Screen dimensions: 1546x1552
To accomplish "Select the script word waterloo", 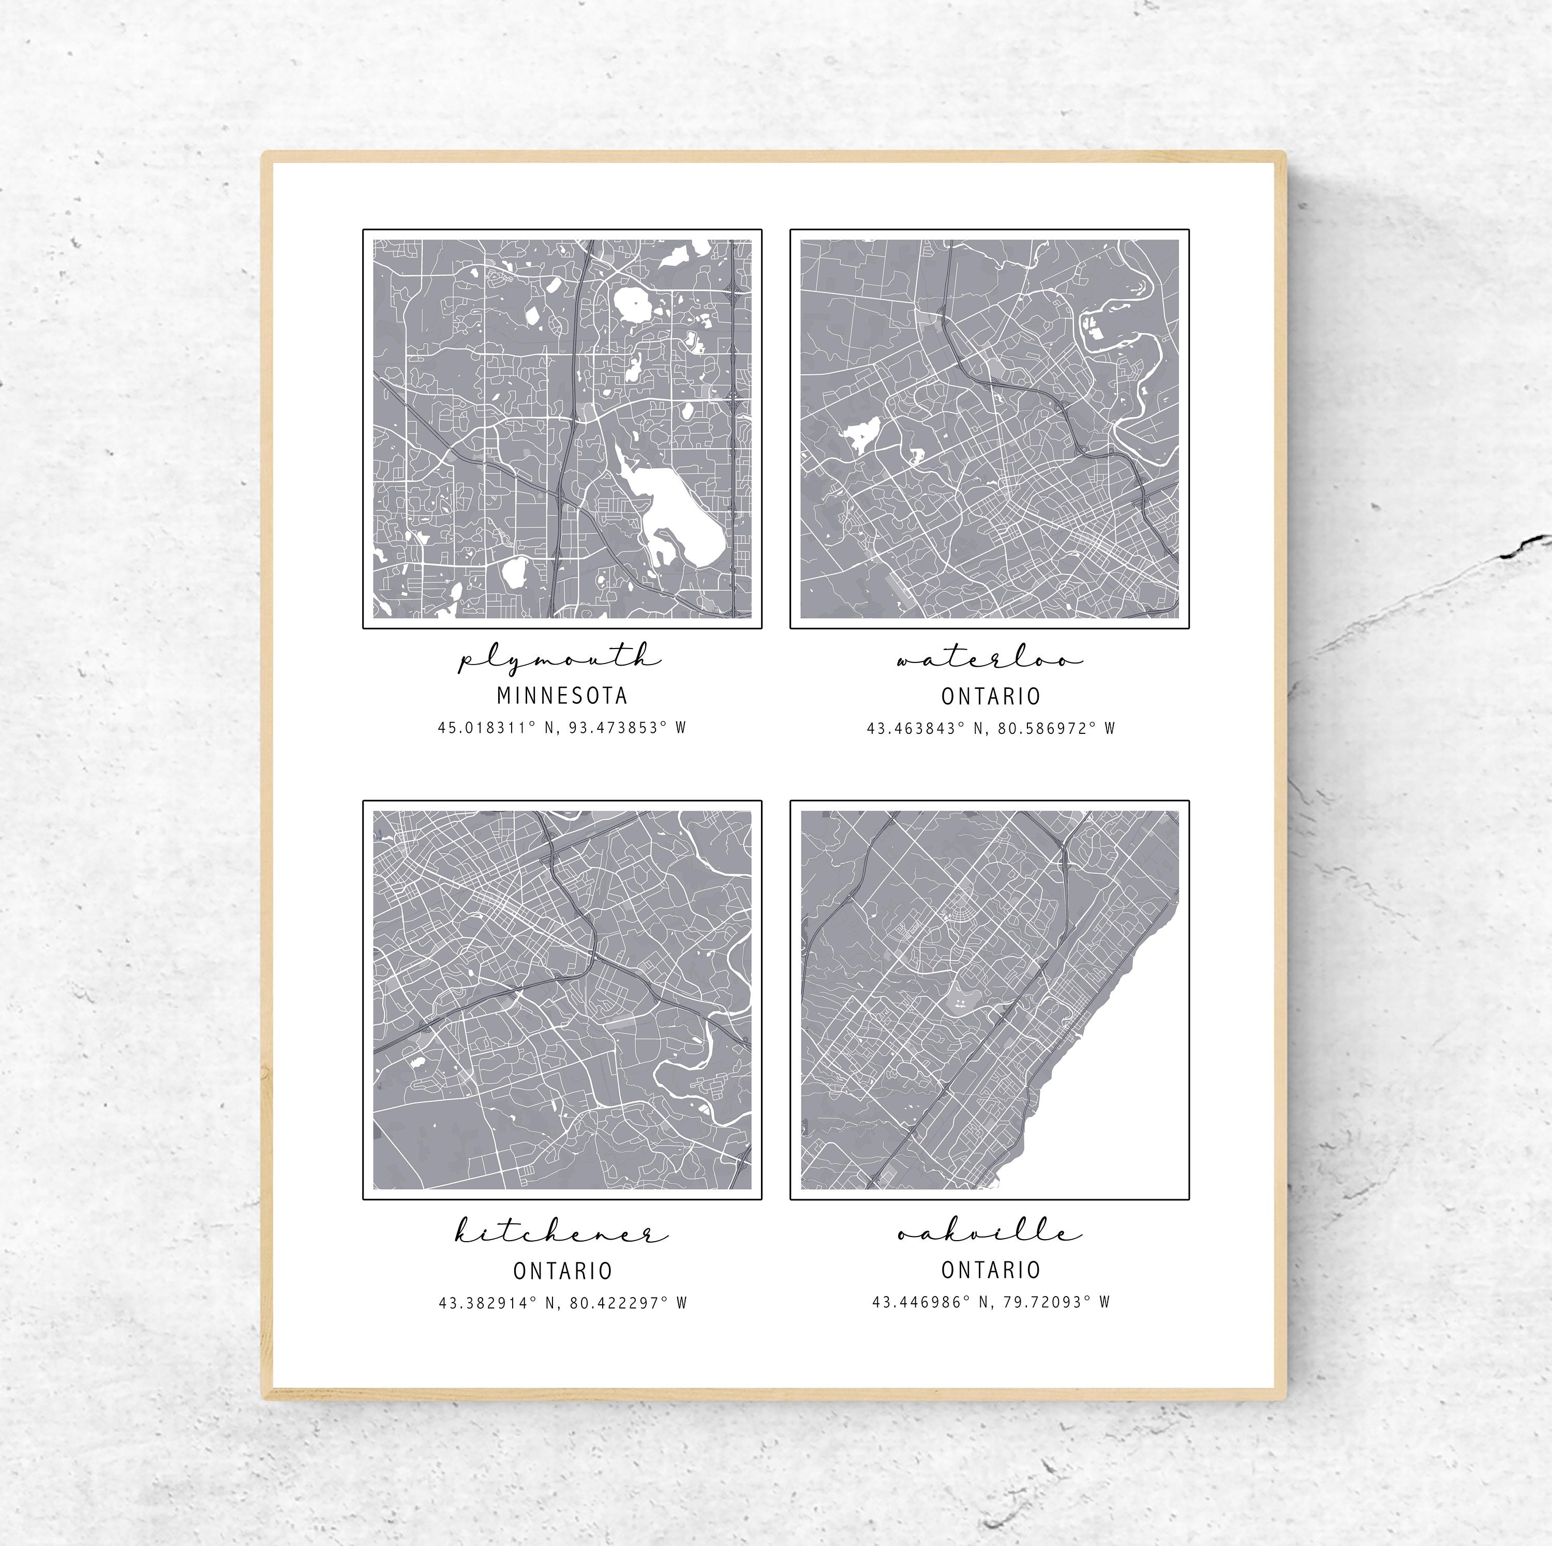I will pos(990,660).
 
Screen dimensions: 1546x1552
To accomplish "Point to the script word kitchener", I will pos(561,1232).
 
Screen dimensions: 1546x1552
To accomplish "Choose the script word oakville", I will pos(990,1232).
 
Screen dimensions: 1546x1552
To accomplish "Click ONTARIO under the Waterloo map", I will pos(991,696).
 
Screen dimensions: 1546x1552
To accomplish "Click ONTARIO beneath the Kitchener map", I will pos(562,1270).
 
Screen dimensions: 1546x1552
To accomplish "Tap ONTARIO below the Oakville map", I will pos(991,1270).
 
